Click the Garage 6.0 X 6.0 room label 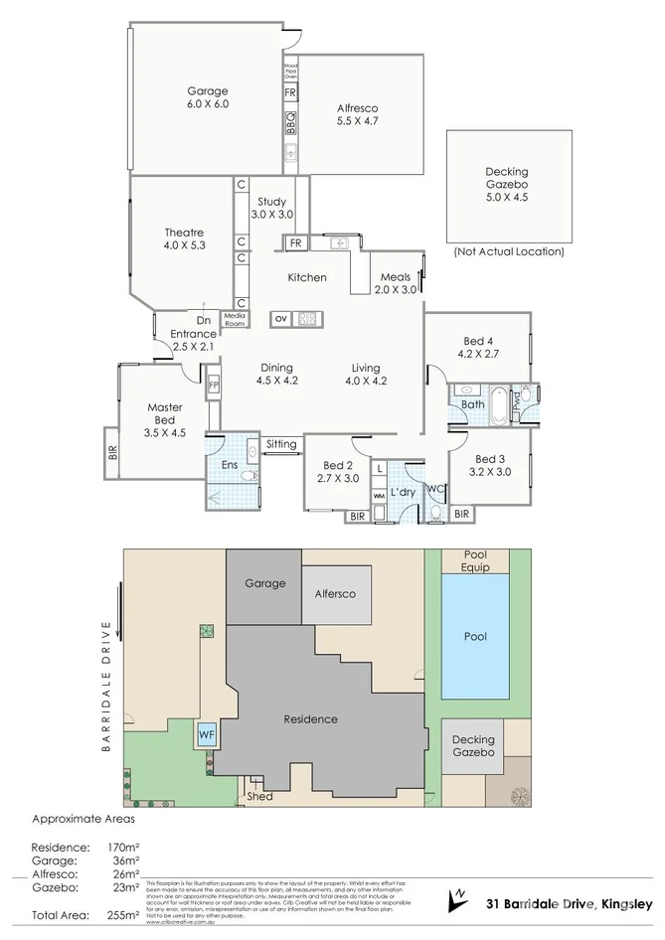(x=207, y=97)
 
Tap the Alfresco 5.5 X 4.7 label (x=359, y=114)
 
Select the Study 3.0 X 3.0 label (x=271, y=208)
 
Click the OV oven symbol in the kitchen (x=281, y=319)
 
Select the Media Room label (x=235, y=319)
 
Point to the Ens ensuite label (x=228, y=463)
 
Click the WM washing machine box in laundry (x=379, y=495)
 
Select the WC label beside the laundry (x=434, y=488)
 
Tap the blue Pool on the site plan (x=476, y=637)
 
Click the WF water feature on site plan (x=207, y=735)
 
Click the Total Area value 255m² (x=122, y=914)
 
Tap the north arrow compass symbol (x=459, y=898)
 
